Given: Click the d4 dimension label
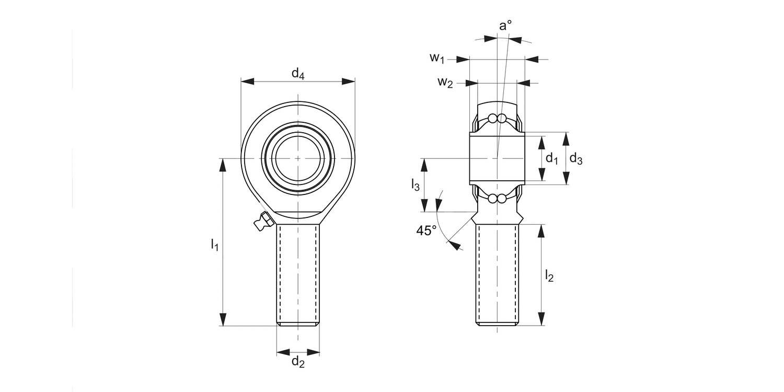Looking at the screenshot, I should (298, 74).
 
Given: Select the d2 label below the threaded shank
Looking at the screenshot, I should (298, 361).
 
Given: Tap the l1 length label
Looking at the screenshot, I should (214, 244).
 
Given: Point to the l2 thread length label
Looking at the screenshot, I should (549, 275).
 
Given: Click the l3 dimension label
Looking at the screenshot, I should (415, 185).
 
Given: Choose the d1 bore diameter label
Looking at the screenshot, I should (552, 158).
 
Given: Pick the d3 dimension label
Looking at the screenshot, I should (575, 158).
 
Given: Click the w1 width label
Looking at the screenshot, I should (437, 57).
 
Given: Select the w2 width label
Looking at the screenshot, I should (445, 82).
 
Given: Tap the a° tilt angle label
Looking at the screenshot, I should (505, 25).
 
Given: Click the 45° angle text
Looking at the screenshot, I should (426, 230).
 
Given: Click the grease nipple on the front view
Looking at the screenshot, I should (262, 222).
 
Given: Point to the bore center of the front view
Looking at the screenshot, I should (298, 158).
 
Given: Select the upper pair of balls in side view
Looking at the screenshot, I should (497, 118).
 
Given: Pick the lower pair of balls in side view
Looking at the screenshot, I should (497, 199).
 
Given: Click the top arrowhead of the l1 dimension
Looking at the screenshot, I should (223, 165).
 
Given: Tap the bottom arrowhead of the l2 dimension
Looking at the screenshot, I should (541, 319).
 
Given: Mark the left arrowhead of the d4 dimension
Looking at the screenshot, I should (248, 82).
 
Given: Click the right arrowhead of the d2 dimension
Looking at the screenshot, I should (313, 351).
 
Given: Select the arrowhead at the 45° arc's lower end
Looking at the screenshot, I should (455, 246).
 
